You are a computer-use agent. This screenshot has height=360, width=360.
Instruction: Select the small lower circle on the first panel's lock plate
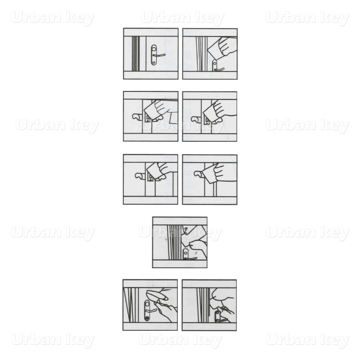coord(153,61)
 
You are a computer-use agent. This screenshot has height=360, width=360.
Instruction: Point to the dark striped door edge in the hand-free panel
coord(136,54)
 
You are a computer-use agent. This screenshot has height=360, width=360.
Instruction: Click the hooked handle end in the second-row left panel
coord(137,117)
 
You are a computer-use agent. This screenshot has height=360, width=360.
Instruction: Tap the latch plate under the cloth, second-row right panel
coord(206,119)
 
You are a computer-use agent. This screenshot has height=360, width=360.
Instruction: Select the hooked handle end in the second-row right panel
coord(196,118)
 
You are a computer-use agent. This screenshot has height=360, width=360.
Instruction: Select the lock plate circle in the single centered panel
coord(185,253)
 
